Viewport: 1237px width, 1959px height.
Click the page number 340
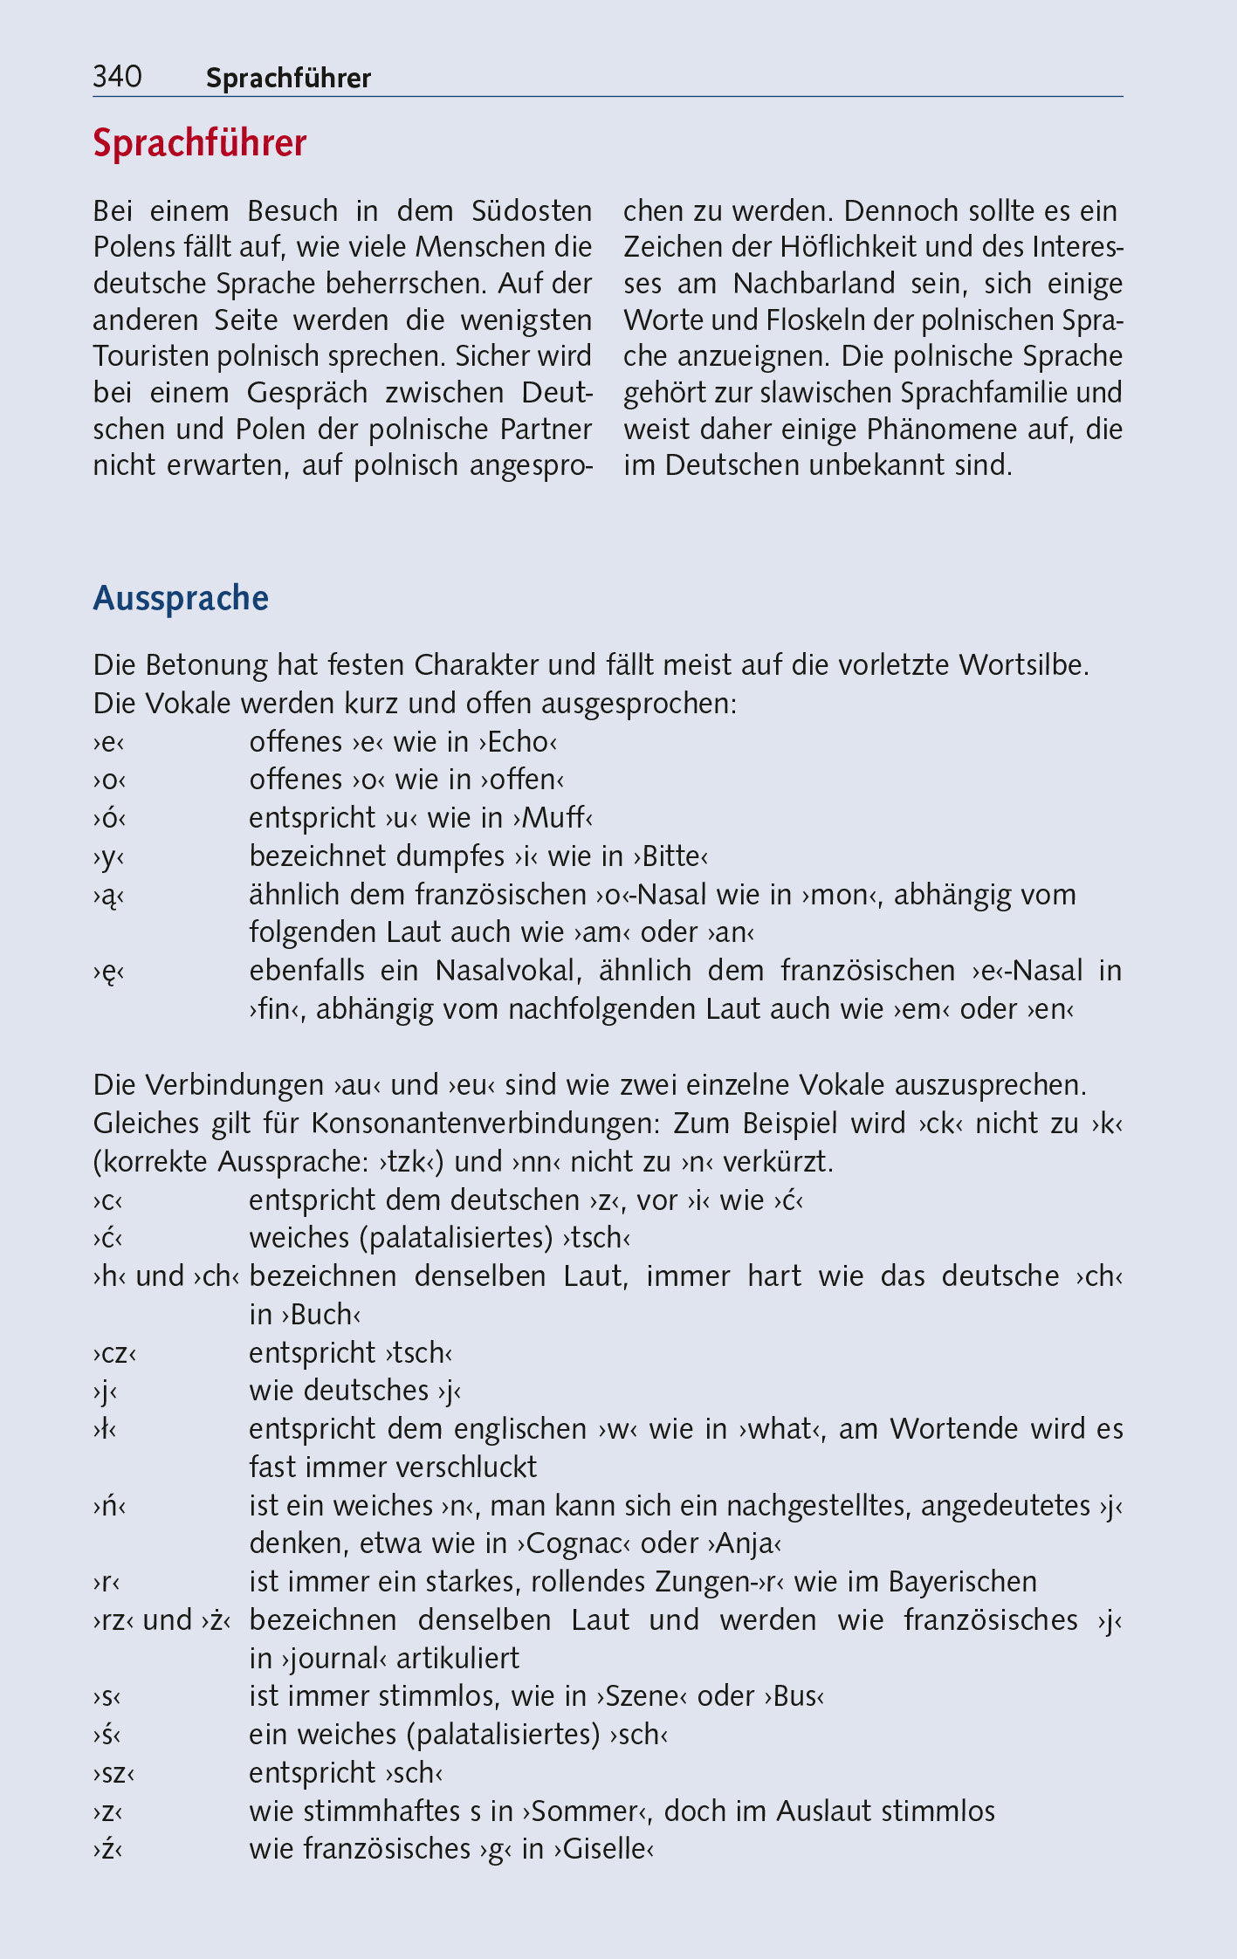117,78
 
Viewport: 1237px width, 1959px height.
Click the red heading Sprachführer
200,143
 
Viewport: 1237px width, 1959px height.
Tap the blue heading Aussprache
181,598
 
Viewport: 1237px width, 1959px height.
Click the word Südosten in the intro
532,211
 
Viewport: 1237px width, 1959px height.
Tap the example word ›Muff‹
553,818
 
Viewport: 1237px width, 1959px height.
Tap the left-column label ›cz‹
114,1353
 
